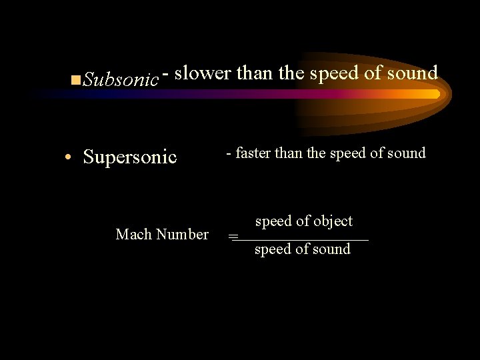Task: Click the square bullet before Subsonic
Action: pos(75,81)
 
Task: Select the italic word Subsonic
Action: pos(121,80)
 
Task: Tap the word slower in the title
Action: pos(203,73)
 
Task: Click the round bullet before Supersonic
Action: pos(69,159)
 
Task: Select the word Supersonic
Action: pos(130,157)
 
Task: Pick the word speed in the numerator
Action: pos(273,222)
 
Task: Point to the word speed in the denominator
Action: pos(272,250)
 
